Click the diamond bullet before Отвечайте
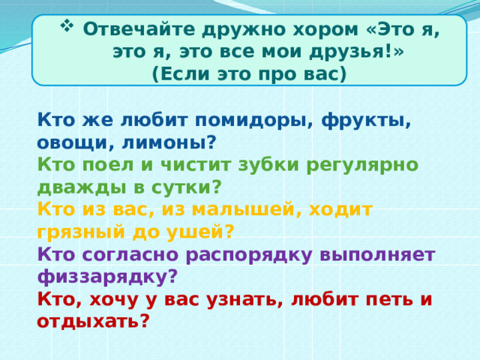coord(65,28)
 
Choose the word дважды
coord(72,187)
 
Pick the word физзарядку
coord(106,277)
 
